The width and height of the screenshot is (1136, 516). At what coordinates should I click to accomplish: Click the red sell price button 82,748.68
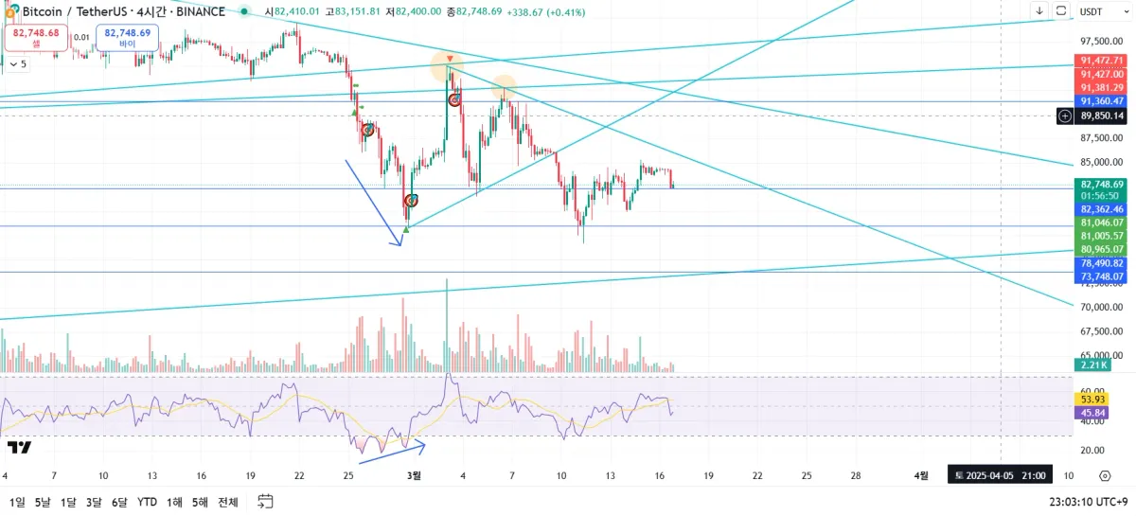click(36, 37)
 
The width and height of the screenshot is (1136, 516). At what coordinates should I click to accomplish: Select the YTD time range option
click(147, 502)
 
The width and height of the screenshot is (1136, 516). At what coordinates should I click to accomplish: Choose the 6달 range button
click(118, 502)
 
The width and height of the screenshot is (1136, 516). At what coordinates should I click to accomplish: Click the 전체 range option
click(227, 502)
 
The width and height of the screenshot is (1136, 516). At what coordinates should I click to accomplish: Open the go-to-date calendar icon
click(265, 501)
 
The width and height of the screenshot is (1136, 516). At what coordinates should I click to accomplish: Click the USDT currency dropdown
click(1091, 11)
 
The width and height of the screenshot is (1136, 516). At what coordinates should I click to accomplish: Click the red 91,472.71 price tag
click(1099, 61)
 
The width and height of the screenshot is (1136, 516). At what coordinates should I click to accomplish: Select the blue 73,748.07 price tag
click(1099, 276)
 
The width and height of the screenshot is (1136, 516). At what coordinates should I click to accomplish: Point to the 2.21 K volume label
click(1092, 365)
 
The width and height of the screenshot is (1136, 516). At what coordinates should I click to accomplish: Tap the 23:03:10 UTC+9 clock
click(1089, 502)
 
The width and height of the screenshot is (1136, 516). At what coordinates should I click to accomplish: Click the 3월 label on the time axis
click(415, 475)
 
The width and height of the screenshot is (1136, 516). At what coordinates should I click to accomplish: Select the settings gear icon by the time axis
click(1105, 475)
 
